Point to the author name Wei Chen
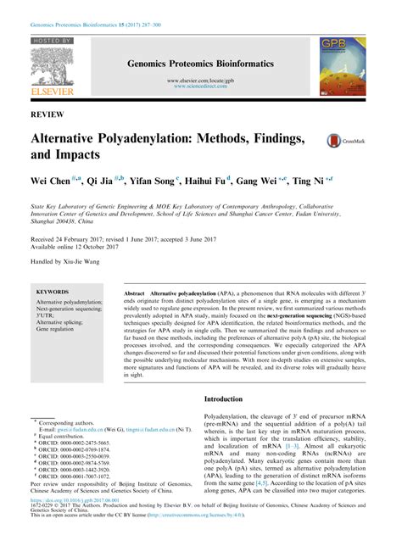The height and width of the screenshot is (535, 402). [x=54, y=181]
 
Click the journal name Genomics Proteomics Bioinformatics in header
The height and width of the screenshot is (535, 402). [x=200, y=63]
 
